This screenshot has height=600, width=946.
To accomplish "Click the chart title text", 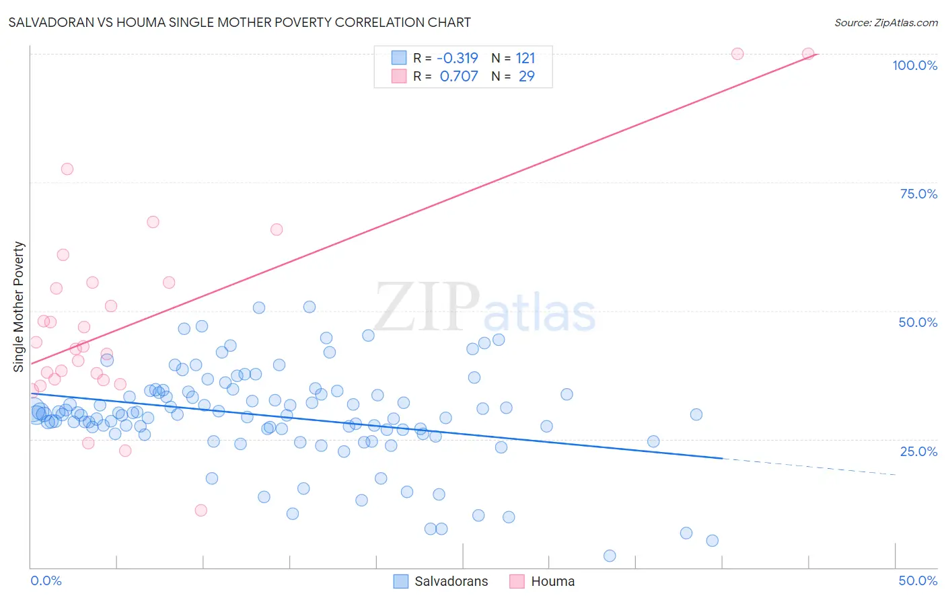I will [240, 22].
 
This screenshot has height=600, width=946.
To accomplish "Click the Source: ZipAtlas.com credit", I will [885, 22].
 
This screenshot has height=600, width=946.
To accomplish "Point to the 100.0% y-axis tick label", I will [914, 65].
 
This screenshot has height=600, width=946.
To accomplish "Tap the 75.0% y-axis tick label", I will [918, 194].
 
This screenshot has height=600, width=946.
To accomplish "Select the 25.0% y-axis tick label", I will [918, 451].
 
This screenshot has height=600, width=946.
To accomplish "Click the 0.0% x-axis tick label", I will [46, 580].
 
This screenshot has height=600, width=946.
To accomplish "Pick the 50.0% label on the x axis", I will [918, 580].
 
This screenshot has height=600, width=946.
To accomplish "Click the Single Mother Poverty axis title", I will [19, 307].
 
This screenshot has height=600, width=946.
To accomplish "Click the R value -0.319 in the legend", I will [457, 58].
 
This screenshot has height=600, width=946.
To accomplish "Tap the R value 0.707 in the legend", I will [459, 76].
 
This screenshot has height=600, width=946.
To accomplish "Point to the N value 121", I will [525, 58].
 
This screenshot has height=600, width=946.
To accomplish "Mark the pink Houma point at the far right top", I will [808, 54].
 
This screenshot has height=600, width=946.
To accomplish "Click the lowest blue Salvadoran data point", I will [610, 556].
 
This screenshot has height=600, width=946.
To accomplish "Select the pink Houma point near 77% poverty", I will [67, 169].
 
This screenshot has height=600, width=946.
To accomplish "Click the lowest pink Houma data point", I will [201, 510].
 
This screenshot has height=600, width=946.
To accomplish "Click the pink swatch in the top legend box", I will [399, 76].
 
